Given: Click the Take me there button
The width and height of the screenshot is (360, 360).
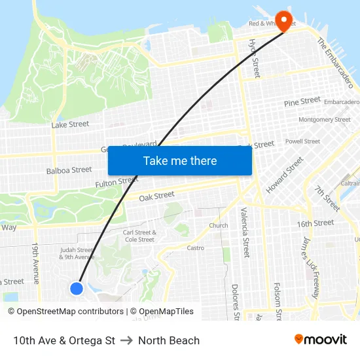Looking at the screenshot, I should [x=180, y=160].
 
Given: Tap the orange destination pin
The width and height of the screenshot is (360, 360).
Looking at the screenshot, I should [x=284, y=20].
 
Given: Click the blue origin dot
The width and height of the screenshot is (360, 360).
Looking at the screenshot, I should [x=77, y=288].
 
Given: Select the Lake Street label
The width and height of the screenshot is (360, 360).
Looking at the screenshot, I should [x=70, y=124].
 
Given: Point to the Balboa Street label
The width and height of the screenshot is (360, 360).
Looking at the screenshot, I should [x=69, y=170].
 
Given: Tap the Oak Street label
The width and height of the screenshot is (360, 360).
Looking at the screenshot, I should [x=156, y=196].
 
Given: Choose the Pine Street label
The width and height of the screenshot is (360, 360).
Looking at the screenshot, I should [x=302, y=101].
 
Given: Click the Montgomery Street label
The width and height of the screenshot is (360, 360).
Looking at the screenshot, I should [x=324, y=120].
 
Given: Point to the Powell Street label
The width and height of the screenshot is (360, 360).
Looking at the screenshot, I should [x=302, y=141].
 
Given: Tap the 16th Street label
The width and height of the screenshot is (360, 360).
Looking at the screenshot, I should [x=315, y=223].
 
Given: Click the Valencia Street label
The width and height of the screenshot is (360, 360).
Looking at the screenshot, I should [x=244, y=232].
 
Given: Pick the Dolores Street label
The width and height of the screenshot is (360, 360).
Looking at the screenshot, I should [x=235, y=301].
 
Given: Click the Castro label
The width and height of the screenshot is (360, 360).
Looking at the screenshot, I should [x=195, y=248].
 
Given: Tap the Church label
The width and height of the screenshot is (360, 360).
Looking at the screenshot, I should [x=219, y=226].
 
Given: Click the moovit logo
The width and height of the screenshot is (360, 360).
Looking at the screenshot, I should [x=320, y=340].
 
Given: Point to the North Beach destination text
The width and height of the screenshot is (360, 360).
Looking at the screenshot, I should [x=169, y=340].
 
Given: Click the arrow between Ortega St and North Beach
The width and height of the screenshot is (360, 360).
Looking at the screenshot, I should [x=126, y=340].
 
